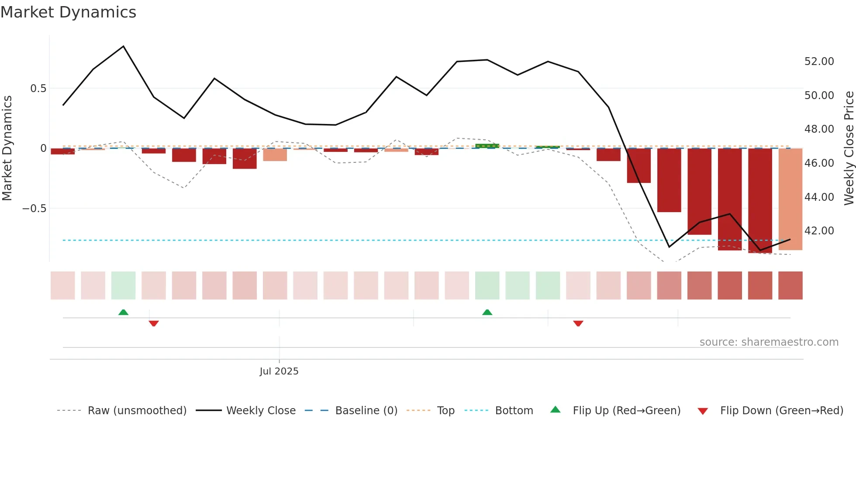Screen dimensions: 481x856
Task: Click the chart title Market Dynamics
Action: tap(68, 12)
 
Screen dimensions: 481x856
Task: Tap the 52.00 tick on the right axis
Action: tap(819, 62)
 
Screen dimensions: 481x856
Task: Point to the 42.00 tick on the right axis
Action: tap(819, 231)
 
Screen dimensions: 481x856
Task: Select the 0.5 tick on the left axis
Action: tap(38, 89)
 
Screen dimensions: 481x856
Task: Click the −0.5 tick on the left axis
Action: tap(35, 209)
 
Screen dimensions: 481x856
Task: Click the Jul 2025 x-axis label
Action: tap(279, 371)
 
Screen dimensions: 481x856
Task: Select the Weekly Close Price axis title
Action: tap(849, 148)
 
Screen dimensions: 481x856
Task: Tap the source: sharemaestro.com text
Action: tap(769, 342)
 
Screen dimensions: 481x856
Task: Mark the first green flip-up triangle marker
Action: tap(124, 313)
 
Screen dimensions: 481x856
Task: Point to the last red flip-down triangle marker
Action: tap(578, 323)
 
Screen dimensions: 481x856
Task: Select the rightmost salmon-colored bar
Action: tap(790, 199)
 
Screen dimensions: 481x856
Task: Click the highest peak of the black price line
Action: tap(124, 46)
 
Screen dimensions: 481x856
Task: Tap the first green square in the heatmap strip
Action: tap(124, 285)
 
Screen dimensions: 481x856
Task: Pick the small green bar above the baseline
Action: tap(487, 146)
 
